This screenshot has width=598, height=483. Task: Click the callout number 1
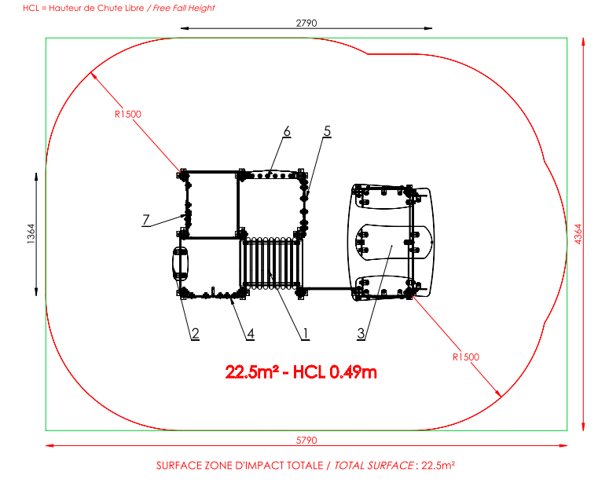point(305,334)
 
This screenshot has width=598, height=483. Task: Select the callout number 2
point(195,334)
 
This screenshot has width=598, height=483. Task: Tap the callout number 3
point(361,334)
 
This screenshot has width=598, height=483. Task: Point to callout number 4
point(250,334)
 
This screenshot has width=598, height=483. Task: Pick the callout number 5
point(327,131)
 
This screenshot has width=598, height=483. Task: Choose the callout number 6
point(287,131)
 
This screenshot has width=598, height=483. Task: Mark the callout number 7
point(145,220)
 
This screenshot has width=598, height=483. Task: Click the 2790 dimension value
point(306,24)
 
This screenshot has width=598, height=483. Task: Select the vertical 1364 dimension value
point(31,234)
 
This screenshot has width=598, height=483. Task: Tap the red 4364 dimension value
point(578,234)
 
